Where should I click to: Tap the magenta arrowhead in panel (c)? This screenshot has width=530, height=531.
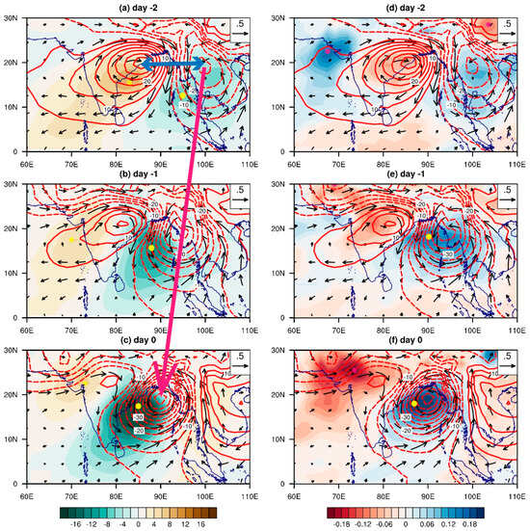pos(163,389)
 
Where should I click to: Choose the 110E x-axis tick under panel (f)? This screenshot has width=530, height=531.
pos(518,491)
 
